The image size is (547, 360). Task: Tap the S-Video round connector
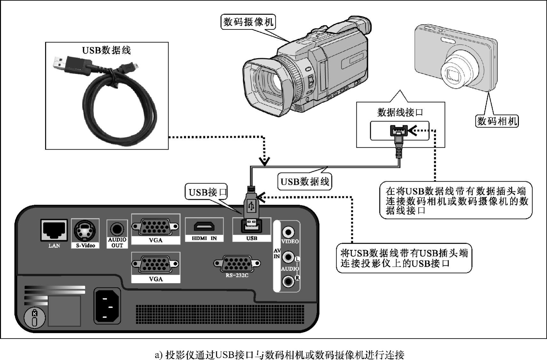tap(84, 230)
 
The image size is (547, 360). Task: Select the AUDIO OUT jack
tap(117, 229)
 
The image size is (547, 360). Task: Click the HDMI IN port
tap(204, 227)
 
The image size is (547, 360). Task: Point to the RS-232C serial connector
tap(237, 263)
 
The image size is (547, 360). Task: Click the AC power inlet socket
tap(107, 306)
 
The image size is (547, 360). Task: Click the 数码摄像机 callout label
tap(248, 22)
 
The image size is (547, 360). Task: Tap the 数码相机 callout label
tap(497, 121)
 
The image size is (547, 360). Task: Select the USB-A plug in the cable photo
tap(61, 62)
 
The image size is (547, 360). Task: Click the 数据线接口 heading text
tap(400, 112)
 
